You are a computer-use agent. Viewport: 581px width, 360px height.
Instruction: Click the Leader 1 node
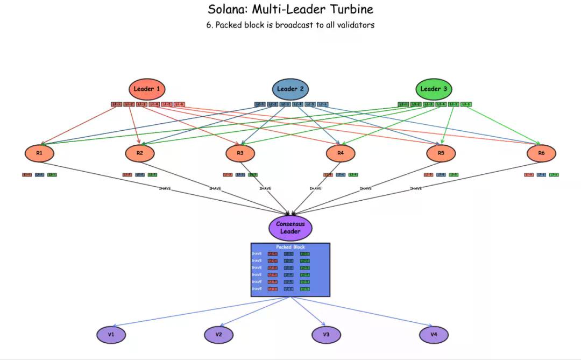(x=147, y=89)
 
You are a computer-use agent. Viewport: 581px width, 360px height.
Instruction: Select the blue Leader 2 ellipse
(x=290, y=89)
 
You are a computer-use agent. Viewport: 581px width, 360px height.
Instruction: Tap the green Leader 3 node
(x=434, y=89)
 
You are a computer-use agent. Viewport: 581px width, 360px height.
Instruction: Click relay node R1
(x=39, y=153)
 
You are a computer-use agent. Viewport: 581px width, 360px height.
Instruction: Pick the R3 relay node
(x=240, y=153)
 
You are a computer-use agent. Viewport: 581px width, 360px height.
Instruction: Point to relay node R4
(x=341, y=153)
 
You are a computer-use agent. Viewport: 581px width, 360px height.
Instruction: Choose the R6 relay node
(x=541, y=153)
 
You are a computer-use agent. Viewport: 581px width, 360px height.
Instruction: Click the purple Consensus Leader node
(x=290, y=228)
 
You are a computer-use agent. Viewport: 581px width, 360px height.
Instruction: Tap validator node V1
(x=111, y=335)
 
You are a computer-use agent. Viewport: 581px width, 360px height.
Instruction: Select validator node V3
(x=327, y=335)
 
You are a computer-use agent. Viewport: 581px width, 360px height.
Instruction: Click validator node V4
(x=434, y=335)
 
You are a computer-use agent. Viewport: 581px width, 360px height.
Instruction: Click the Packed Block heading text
(x=290, y=247)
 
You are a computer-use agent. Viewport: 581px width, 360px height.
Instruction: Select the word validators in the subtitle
(x=354, y=25)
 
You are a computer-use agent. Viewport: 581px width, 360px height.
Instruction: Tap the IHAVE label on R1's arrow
(x=165, y=188)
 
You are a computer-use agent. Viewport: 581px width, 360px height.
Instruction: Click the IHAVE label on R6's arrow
(x=416, y=188)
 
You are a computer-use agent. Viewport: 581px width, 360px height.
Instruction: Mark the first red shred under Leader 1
(x=116, y=104)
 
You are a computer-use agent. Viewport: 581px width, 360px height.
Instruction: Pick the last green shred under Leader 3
(x=466, y=104)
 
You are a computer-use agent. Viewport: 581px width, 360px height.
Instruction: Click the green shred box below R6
(x=554, y=175)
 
